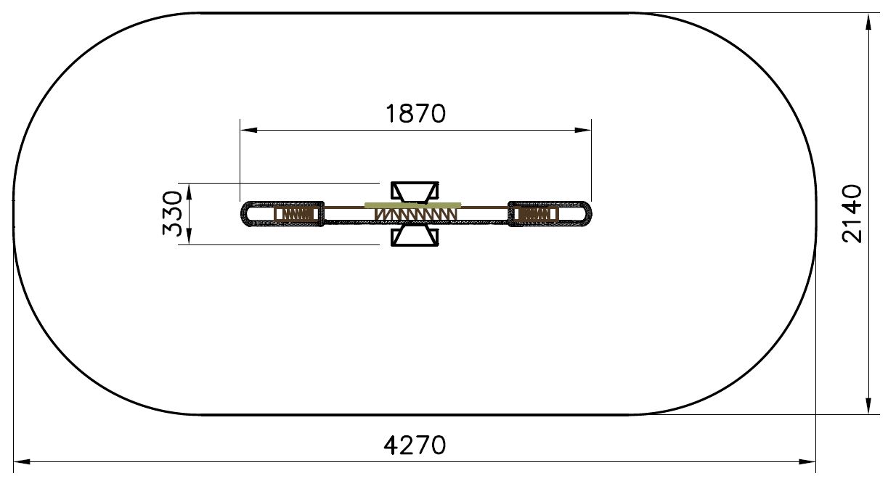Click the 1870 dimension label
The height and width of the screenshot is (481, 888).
point(416,114)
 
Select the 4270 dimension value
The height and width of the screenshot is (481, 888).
point(415,445)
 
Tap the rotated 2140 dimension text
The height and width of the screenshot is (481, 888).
point(852,213)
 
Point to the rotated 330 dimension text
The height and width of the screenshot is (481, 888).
point(172,213)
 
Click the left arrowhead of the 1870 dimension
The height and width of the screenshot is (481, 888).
point(249,130)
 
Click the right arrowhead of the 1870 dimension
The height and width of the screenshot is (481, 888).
point(583,130)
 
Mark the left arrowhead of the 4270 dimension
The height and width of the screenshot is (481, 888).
point(23,461)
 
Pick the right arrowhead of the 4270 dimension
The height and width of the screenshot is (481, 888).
point(807,461)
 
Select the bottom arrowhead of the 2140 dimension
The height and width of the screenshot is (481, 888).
point(868,406)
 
